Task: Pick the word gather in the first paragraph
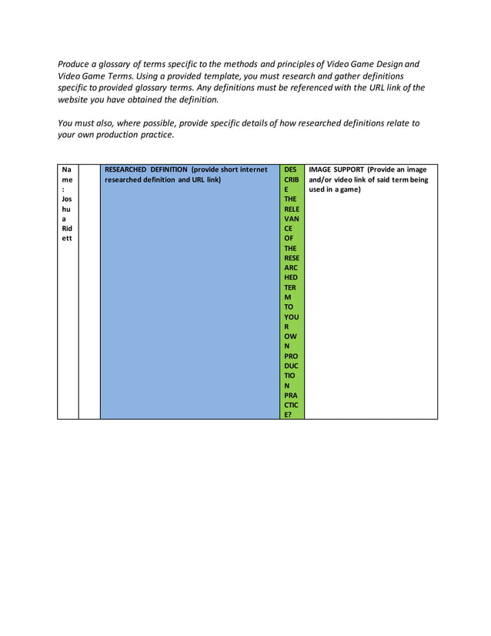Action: pos(340,76)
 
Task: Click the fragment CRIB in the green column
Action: pos(291,179)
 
